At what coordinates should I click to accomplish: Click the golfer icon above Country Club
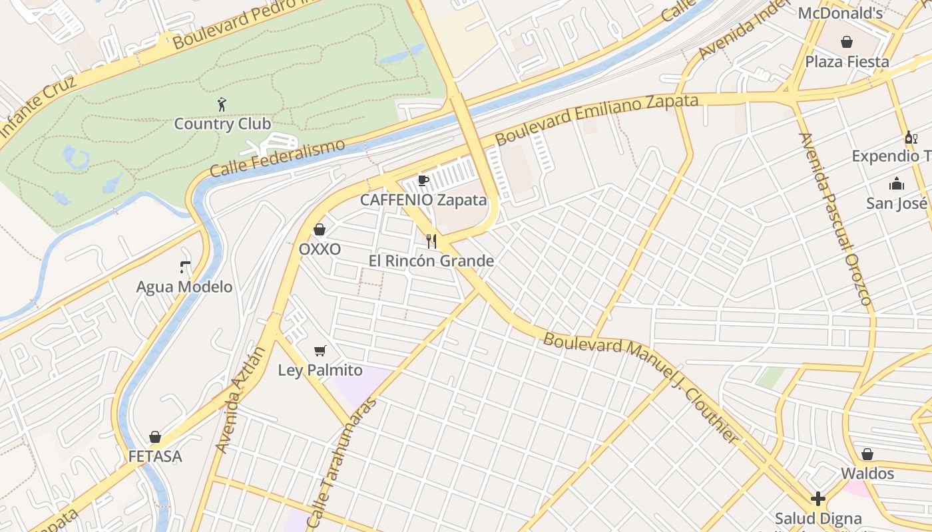222,104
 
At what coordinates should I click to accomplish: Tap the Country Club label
222,124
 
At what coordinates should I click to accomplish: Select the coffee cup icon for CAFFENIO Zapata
423,180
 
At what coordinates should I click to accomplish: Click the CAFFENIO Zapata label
423,199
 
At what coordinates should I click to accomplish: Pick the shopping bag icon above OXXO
320,229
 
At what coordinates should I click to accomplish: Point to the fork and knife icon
431,241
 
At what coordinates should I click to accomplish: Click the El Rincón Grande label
431,261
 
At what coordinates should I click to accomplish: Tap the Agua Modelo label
184,287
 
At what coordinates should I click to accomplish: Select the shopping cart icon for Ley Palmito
320,350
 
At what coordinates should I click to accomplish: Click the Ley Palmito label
320,370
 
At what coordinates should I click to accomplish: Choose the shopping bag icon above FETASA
155,437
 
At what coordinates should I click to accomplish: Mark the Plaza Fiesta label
847,62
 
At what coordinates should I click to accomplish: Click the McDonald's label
840,13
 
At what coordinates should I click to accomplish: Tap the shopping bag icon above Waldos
867,454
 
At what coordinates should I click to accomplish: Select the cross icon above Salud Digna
818,499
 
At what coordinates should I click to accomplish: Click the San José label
897,203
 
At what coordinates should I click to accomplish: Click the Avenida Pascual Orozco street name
835,219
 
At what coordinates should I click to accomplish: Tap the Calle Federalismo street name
278,158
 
